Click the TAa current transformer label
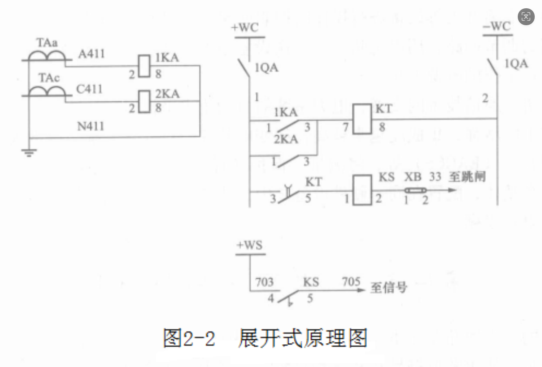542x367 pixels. [x=47, y=43]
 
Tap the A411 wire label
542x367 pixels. [x=91, y=54]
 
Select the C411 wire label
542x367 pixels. [x=89, y=89]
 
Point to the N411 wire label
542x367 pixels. [x=91, y=127]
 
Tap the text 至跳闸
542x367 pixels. [x=467, y=177]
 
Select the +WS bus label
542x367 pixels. [x=250, y=245]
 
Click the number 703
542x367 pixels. [x=264, y=282]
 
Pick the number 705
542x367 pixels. [x=351, y=281]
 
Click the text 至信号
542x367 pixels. [x=389, y=287]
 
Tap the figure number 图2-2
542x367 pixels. [x=189, y=338]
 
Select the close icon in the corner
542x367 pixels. [x=526, y=17]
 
